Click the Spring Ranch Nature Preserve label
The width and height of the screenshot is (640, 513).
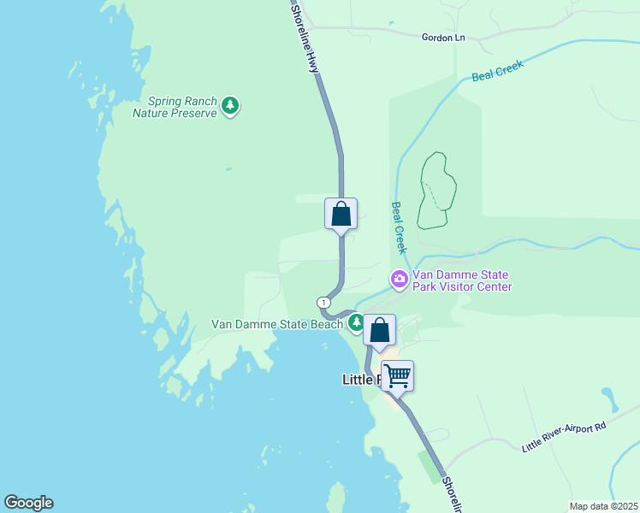(x=175, y=106)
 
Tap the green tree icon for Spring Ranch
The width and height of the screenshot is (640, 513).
(x=229, y=106)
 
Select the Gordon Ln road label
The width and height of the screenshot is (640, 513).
(x=443, y=37)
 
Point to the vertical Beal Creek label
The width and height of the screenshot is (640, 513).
(x=400, y=227)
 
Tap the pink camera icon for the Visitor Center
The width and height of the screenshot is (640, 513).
(x=400, y=279)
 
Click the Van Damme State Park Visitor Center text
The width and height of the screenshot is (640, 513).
(x=462, y=280)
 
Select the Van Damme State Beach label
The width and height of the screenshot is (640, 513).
(x=277, y=325)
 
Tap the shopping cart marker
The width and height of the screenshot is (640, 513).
(x=397, y=374)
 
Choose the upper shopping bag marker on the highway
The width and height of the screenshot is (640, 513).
(x=341, y=214)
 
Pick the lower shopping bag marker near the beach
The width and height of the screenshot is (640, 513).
(x=379, y=330)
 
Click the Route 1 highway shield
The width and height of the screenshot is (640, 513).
(x=323, y=303)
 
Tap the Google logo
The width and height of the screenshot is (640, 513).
(x=28, y=503)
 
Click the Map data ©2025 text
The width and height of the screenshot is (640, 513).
(x=602, y=506)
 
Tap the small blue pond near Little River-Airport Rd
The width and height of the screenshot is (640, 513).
(x=608, y=398)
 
